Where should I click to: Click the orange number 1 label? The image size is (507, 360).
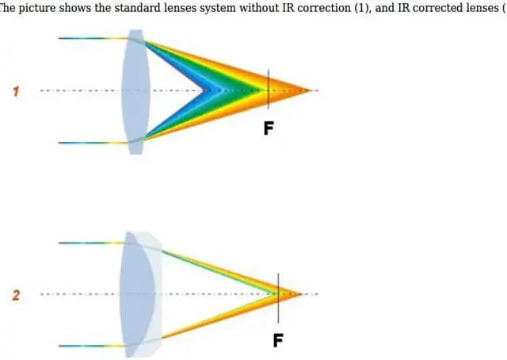click(x=17, y=91)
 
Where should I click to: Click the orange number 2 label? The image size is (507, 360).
click(x=17, y=296)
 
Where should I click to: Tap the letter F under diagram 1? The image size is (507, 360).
click(x=269, y=128)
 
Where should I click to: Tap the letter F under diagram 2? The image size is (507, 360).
click(x=278, y=340)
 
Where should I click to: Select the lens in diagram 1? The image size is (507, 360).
click(x=135, y=90)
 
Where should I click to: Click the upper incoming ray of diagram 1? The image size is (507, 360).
click(x=91, y=38)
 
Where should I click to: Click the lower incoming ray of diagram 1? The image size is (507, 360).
click(x=91, y=143)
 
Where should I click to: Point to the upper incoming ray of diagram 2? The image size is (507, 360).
click(x=91, y=243)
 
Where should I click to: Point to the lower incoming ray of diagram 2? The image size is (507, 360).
click(x=91, y=346)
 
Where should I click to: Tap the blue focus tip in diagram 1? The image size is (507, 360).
click(x=204, y=90)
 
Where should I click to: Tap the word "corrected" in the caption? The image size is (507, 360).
click(x=442, y=10)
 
